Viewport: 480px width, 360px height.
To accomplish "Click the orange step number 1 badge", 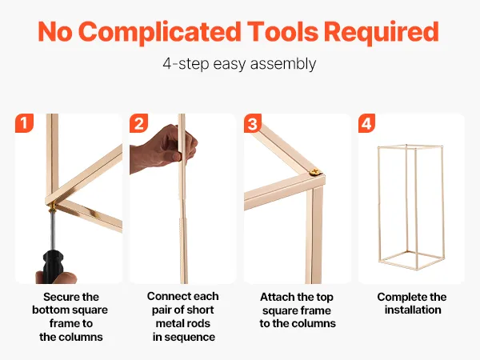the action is (x=24, y=123).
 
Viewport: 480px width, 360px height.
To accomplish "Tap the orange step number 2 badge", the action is (x=138, y=123).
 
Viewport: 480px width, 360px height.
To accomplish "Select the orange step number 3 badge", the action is (x=253, y=123).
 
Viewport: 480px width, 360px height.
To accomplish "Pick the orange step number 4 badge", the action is (x=366, y=123).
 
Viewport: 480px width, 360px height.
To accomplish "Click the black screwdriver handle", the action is (x=54, y=266).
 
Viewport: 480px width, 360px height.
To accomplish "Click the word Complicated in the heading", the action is (x=159, y=32).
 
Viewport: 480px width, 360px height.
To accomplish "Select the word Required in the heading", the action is (x=381, y=31).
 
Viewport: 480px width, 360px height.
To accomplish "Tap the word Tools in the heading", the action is (x=282, y=31).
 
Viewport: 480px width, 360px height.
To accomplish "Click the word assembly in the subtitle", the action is (x=283, y=64).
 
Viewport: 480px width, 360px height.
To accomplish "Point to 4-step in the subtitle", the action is (x=186, y=64).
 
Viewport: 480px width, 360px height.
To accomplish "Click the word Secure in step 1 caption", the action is (x=58, y=297).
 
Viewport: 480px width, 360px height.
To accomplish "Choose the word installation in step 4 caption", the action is (x=413, y=310).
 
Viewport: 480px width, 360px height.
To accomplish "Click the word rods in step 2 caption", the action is (x=198, y=323).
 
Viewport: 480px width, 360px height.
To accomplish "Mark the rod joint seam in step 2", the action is (x=182, y=218).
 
